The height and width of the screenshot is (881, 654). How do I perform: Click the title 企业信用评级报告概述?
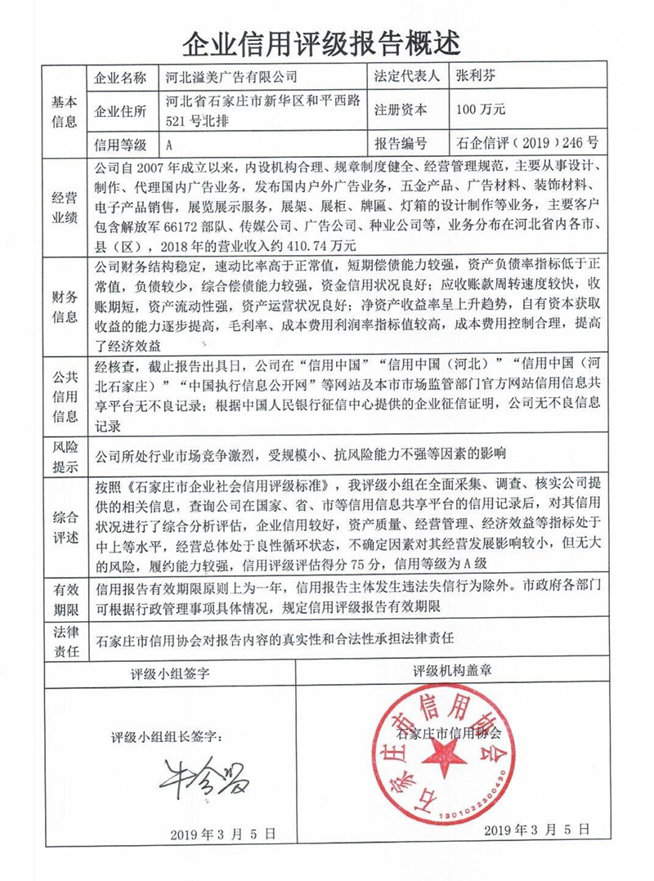(327, 38)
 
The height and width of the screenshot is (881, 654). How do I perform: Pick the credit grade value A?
(168, 145)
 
